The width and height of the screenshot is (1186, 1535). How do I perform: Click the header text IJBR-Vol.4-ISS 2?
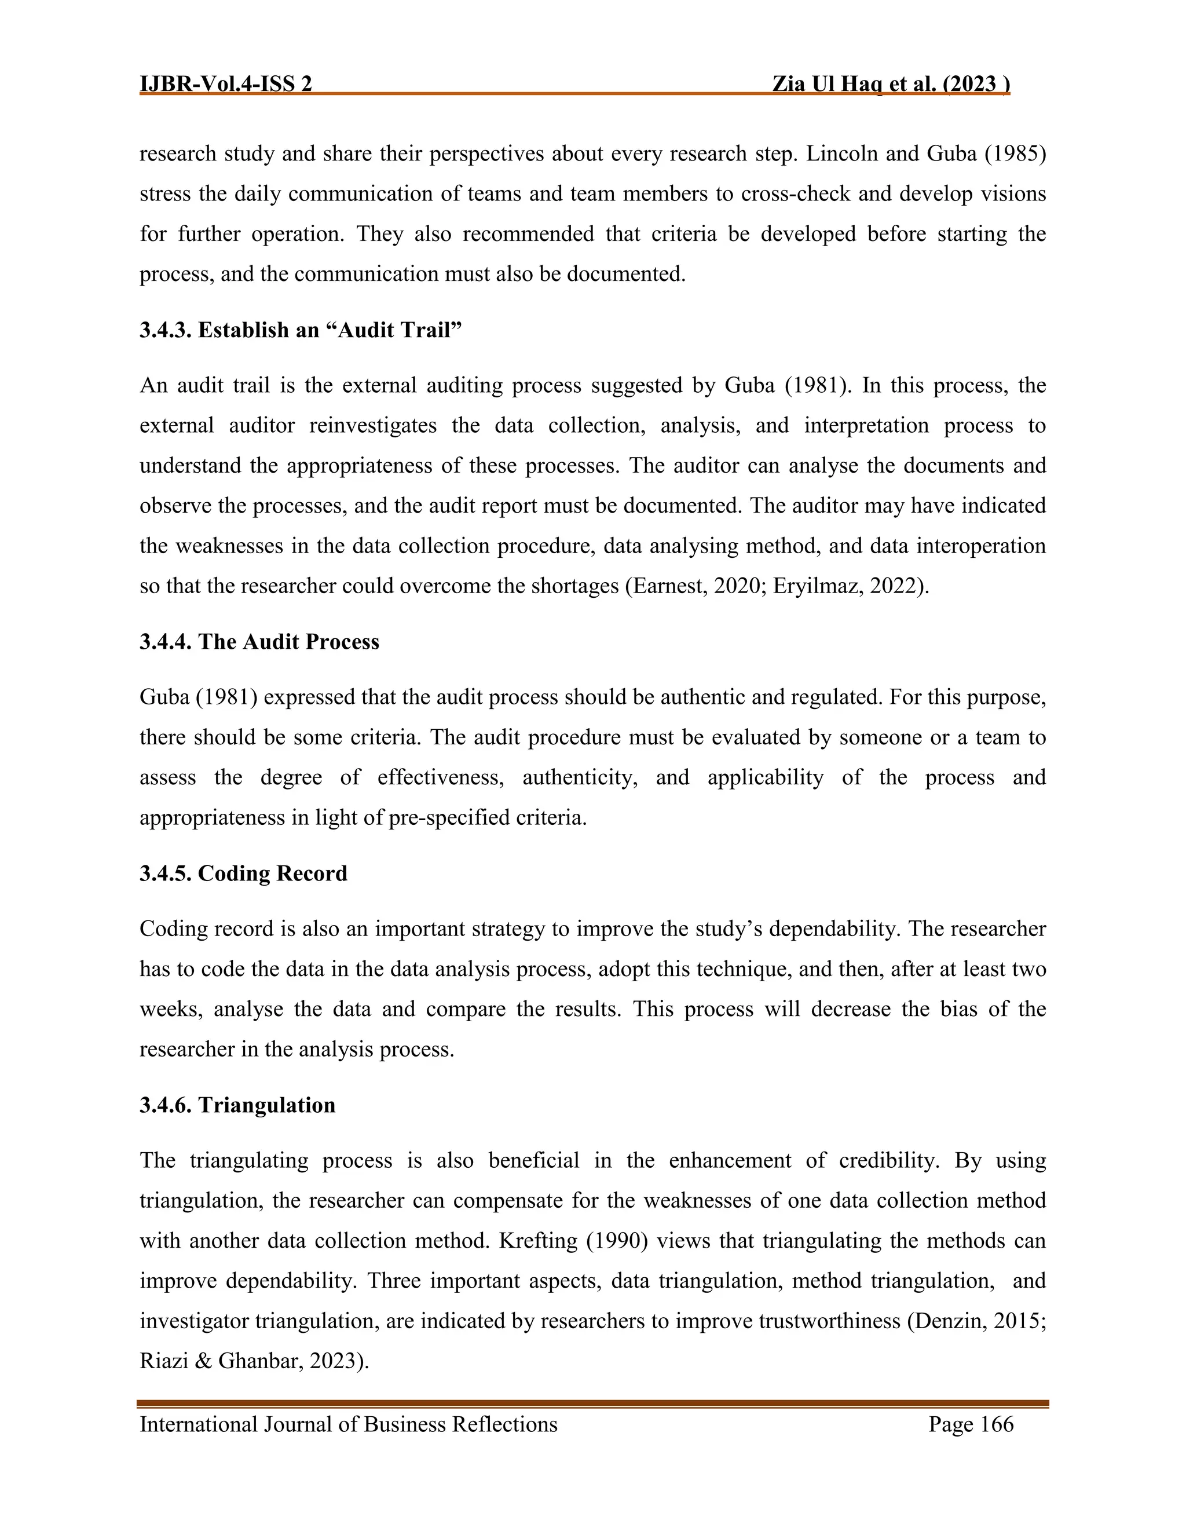(x=225, y=85)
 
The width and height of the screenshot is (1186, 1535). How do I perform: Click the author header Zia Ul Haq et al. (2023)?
(x=890, y=85)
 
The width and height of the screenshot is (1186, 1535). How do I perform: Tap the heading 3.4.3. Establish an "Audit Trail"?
(x=301, y=330)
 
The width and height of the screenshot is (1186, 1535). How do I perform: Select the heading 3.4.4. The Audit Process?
(x=259, y=642)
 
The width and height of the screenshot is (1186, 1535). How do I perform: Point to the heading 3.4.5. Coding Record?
(x=243, y=873)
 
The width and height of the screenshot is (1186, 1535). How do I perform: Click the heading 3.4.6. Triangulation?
(x=237, y=1105)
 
